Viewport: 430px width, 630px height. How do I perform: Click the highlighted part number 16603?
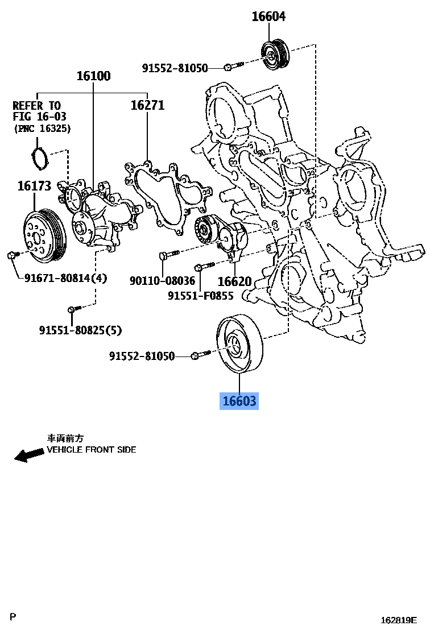point(239,401)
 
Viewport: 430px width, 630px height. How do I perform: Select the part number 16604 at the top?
point(268,17)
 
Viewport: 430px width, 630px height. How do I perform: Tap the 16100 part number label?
point(94,76)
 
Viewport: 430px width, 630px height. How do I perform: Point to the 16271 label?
point(147,105)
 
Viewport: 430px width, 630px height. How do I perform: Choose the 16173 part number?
point(34,185)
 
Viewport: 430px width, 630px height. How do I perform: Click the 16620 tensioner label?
point(234,281)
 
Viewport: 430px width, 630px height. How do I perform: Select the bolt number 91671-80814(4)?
point(65,278)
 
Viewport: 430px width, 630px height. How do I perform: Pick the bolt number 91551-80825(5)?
point(80,330)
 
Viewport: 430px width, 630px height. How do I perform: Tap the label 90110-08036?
point(162,281)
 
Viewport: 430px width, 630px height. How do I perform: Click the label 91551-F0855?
point(201,296)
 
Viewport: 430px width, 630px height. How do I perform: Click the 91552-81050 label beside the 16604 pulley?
point(175,68)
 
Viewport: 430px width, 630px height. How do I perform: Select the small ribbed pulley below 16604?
point(275,55)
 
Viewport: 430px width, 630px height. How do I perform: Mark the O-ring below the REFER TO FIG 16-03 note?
point(39,157)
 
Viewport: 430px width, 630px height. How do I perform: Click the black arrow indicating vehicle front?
point(29,454)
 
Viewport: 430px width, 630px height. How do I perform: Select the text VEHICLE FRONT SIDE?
point(91,449)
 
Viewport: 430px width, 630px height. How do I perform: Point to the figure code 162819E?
point(399,620)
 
